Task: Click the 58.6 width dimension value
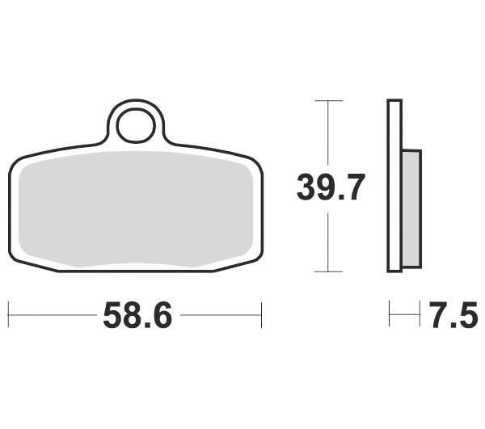pos(137,315)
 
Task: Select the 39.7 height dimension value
pos(331,187)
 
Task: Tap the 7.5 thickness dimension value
pos(453,315)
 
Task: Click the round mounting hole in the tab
pos(136,126)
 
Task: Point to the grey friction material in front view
pos(136,209)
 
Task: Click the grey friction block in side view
pos(411,208)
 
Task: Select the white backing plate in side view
pos(394,186)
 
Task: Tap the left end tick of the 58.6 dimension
pos(8,315)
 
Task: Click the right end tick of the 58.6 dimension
pos(262,315)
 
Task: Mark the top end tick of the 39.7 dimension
pos(328,101)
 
